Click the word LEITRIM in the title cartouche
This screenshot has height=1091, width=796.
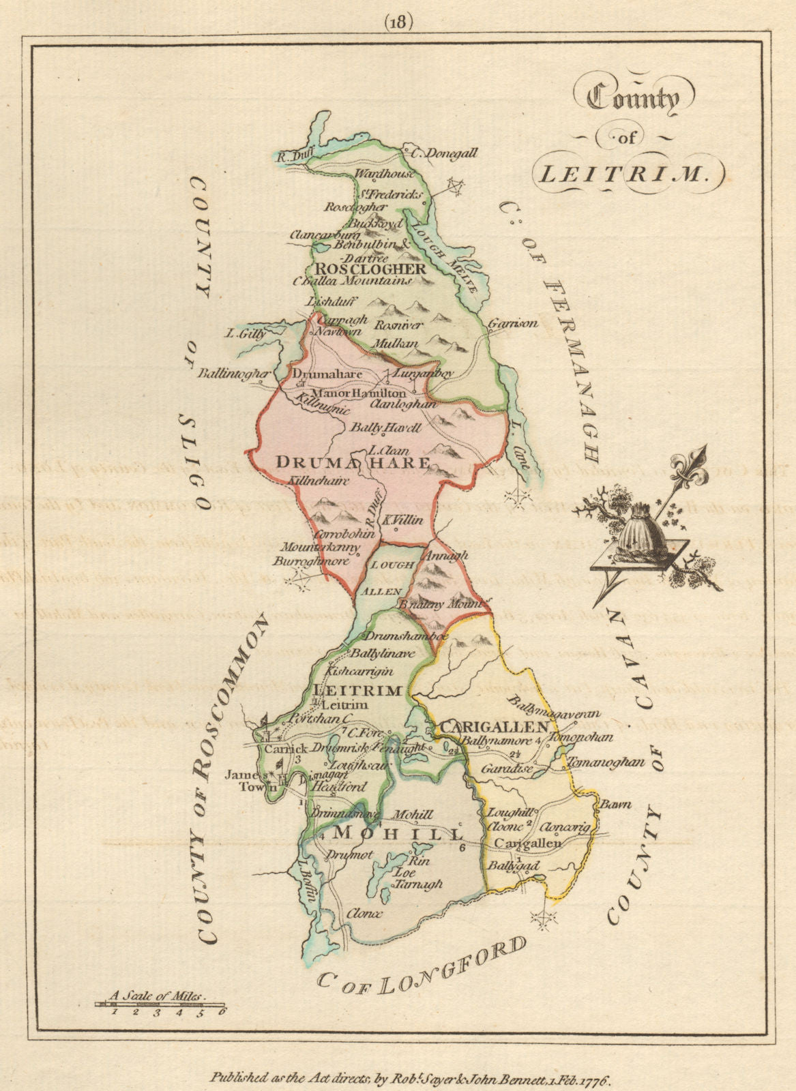620,175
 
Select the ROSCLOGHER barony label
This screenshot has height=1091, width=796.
369,269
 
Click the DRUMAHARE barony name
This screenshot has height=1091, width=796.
353,463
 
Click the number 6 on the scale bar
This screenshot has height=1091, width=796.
221,1011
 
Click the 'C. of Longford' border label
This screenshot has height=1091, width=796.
423,962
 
